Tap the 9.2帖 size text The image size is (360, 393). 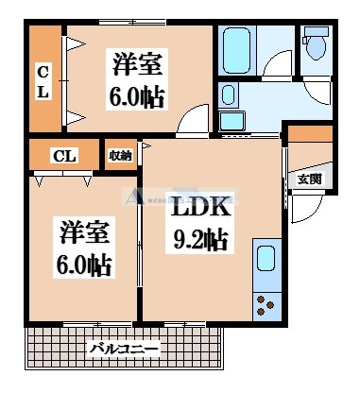click(x=200, y=240)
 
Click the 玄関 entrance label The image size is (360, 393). click(x=308, y=178)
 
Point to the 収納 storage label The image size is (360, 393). click(x=120, y=155)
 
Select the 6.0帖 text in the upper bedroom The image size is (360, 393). click(x=138, y=96)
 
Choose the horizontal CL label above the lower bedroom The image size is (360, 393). click(x=64, y=155)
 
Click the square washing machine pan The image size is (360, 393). click(x=232, y=121)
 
